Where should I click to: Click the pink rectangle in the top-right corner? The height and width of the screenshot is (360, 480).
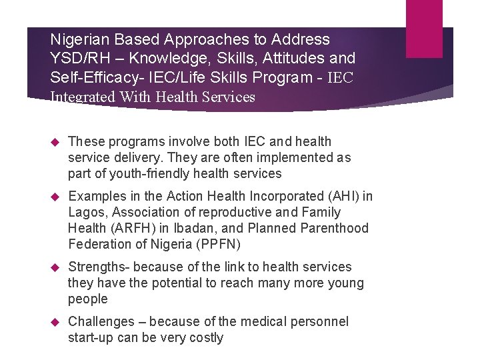424,19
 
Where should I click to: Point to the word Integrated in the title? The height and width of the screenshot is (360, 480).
82,97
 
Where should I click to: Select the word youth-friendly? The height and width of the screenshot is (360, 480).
144,173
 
